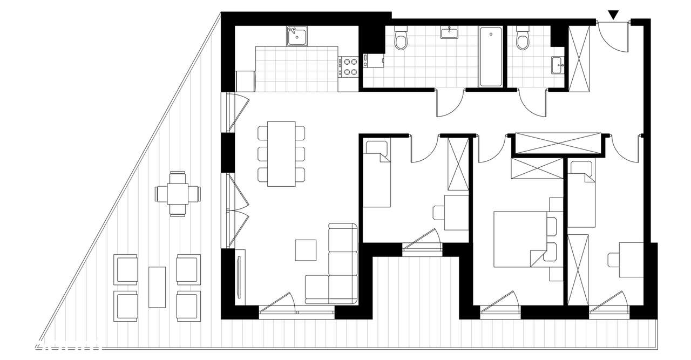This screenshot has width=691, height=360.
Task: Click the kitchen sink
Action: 297,36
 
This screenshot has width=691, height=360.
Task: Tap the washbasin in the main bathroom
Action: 449,33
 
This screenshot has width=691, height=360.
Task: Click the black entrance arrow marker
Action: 614,15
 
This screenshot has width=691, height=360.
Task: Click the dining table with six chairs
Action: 281,153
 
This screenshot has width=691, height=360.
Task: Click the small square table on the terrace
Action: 177,193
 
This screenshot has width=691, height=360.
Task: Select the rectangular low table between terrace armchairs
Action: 157,287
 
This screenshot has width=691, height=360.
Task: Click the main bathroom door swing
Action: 450,103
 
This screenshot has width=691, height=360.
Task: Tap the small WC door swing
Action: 533,103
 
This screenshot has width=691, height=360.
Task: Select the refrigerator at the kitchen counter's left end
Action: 245,81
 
